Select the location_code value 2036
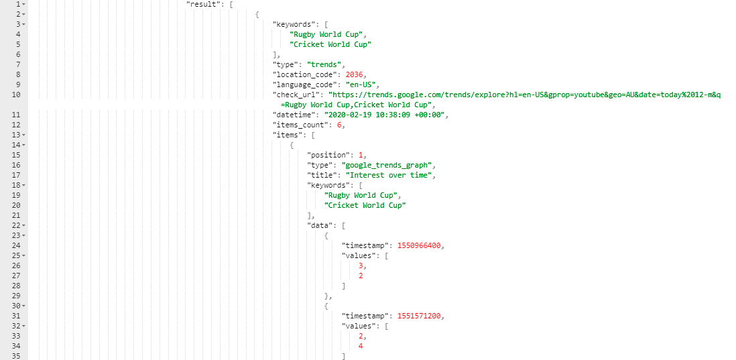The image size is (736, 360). [354, 74]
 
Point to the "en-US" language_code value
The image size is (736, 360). [361, 84]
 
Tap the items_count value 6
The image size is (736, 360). [339, 125]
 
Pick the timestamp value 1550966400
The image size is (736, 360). [419, 245]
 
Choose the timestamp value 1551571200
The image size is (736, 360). [419, 316]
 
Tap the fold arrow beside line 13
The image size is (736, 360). [24, 135]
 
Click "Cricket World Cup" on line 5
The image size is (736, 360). [330, 45]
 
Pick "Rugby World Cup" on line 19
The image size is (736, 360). [363, 195]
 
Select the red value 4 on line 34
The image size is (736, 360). [361, 347]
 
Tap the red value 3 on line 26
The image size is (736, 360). [361, 265]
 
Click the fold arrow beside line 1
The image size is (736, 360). [24, 4]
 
